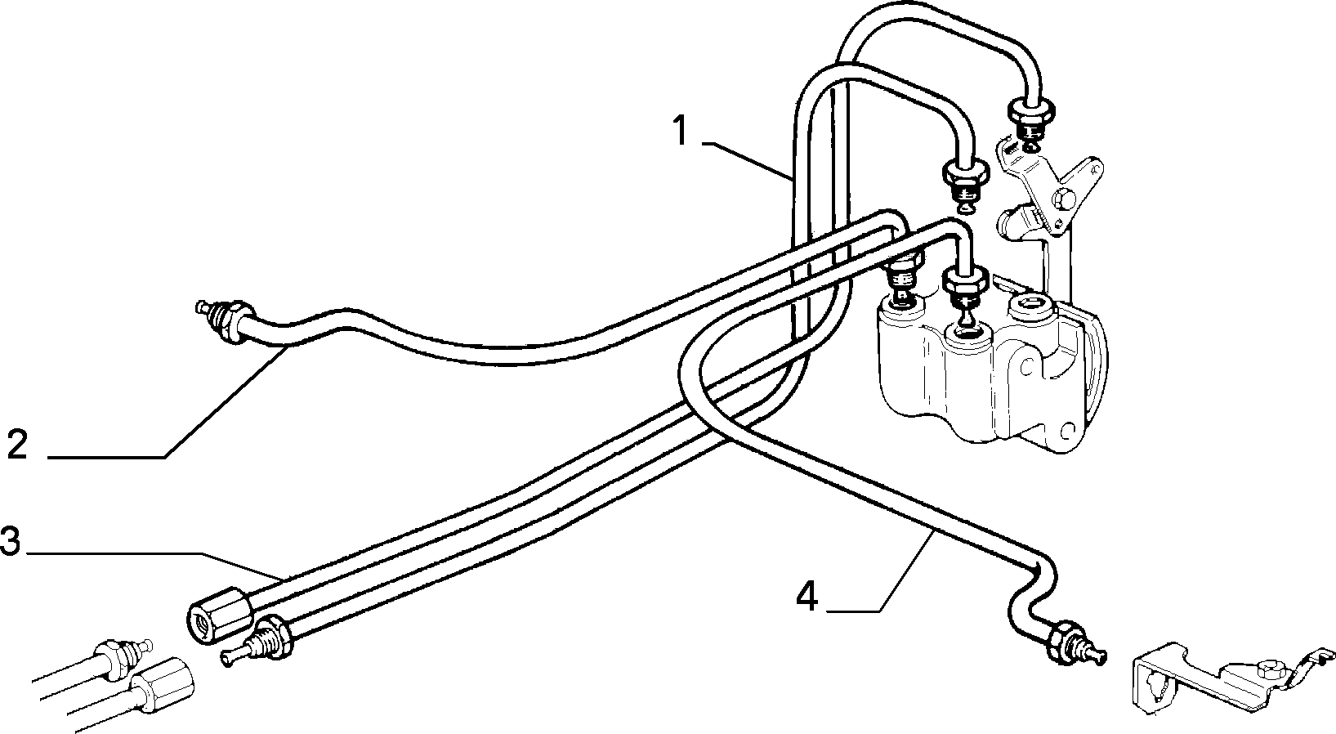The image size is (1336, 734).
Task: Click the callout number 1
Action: coord(680,132)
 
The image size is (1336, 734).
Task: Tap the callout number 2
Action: coord(17,444)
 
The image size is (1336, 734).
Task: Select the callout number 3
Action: coord(10,540)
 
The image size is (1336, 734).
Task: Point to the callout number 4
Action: coord(807,596)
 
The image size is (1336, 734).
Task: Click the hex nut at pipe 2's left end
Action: coord(238,321)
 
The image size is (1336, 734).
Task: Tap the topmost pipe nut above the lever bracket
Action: coord(1030,111)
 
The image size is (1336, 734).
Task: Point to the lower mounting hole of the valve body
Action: coord(1066,431)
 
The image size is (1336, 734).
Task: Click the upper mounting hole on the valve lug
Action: coord(1025,366)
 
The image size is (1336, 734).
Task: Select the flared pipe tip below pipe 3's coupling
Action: coord(230,657)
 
